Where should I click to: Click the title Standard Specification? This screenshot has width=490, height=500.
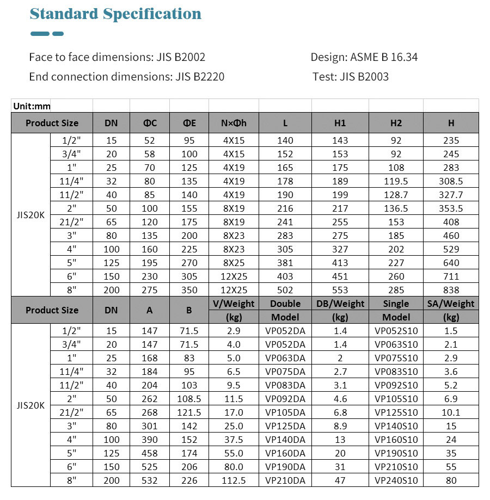(x=115, y=14)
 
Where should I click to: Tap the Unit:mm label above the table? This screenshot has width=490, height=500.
(x=32, y=106)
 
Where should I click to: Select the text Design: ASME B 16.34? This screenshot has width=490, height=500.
(x=364, y=57)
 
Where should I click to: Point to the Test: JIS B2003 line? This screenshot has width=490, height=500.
(x=351, y=76)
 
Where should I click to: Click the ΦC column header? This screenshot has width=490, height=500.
(x=150, y=123)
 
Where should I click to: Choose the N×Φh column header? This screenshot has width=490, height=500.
(x=234, y=123)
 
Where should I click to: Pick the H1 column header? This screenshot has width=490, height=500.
(x=340, y=123)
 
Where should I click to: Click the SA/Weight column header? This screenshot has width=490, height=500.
(x=451, y=304)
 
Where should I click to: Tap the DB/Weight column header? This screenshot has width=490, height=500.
(x=340, y=304)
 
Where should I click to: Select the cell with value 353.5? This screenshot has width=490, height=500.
(x=451, y=208)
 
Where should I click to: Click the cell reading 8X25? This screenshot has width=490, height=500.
(x=234, y=263)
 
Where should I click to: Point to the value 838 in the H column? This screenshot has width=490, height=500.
(x=451, y=290)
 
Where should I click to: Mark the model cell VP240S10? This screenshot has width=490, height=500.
(x=396, y=480)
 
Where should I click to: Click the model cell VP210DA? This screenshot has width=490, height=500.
(x=285, y=480)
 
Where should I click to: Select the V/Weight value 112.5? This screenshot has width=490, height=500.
(x=234, y=480)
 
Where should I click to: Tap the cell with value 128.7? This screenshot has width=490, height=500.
(x=396, y=195)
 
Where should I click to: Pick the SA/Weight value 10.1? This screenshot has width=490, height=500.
(x=451, y=412)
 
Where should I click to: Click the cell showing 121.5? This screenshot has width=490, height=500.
(x=189, y=412)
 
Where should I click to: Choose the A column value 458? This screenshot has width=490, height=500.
(x=150, y=453)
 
